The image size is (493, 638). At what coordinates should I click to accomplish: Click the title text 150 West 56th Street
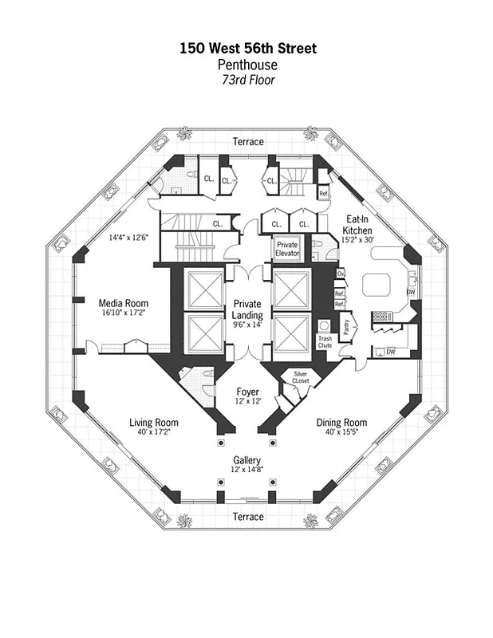click(x=247, y=49)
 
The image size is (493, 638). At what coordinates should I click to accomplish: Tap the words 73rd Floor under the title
click(x=247, y=80)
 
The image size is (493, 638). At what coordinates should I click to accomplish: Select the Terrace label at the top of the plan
click(x=247, y=142)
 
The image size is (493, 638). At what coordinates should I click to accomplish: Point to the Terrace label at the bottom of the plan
click(x=247, y=517)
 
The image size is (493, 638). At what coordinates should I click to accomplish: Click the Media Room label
click(x=123, y=304)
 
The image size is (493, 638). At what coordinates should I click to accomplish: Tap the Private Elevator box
click(x=288, y=250)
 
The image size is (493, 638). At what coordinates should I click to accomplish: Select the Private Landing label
click(x=247, y=309)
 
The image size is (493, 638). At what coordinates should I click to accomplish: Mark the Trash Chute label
click(x=325, y=342)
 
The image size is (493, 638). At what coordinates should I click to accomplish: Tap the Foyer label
click(x=247, y=392)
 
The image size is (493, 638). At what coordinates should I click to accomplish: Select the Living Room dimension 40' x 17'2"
click(x=155, y=433)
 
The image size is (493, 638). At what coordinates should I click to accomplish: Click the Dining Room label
click(x=341, y=423)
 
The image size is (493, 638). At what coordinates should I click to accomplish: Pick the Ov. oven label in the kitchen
click(x=340, y=274)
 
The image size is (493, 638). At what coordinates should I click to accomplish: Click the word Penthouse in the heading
click(x=247, y=65)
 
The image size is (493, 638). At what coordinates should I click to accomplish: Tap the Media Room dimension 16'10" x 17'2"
click(x=123, y=315)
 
